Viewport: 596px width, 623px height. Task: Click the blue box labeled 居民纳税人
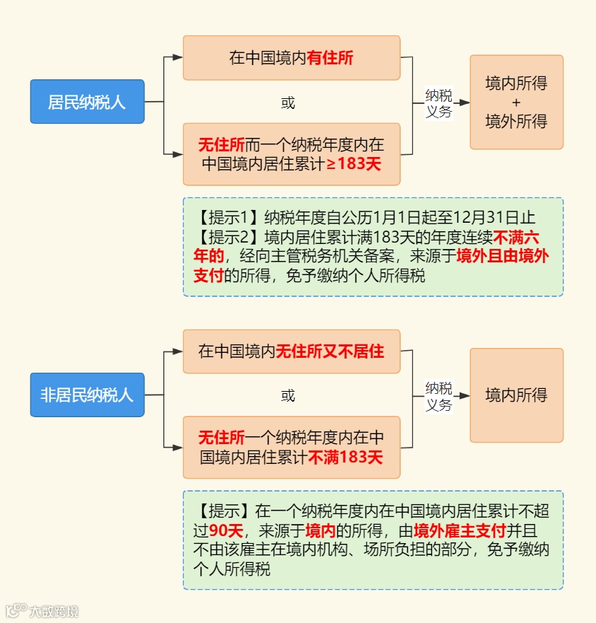[87, 102]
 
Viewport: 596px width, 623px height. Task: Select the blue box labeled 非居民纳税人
[87, 395]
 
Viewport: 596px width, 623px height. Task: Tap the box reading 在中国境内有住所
[291, 58]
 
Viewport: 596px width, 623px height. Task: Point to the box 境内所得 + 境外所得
[516, 102]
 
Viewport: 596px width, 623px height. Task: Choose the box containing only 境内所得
[516, 395]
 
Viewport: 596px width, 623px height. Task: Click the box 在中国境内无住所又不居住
[291, 351]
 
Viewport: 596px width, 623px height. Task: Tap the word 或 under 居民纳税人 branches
[288, 103]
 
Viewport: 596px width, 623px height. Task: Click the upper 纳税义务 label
[438, 103]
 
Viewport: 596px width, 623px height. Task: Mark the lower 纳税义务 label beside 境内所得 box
[438, 396]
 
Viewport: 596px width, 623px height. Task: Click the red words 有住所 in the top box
[330, 58]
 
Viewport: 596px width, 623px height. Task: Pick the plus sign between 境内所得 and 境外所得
[516, 103]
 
